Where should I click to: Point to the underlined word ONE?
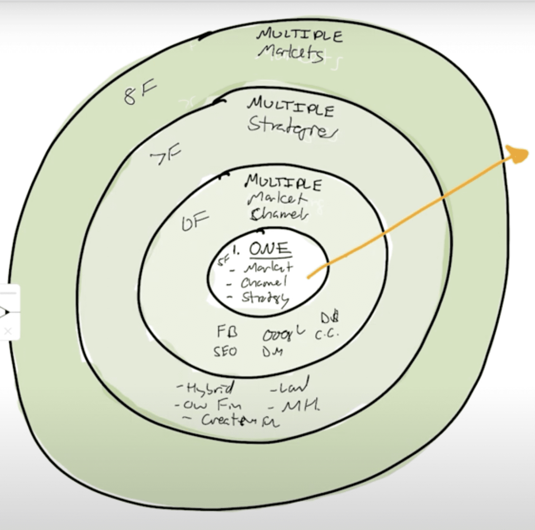(270, 249)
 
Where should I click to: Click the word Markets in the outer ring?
(290, 53)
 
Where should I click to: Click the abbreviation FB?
(227, 332)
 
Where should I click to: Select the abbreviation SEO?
(225, 352)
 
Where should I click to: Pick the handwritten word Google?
(283, 335)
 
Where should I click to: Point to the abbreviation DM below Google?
(272, 352)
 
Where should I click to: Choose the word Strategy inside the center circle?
(264, 298)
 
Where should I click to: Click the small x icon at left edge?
(8, 331)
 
